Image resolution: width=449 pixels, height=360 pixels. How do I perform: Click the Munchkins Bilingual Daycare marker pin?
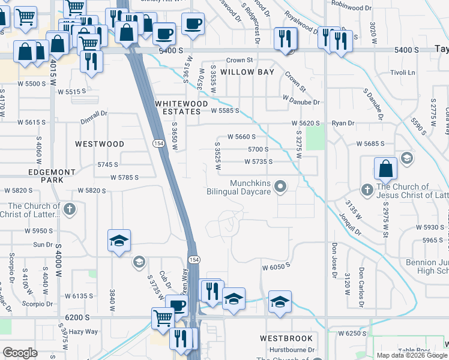click(x=280, y=188)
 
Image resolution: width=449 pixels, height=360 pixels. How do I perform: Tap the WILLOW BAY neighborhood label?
click(x=247, y=72)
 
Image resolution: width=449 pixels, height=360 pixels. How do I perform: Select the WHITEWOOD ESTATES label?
click(x=178, y=107)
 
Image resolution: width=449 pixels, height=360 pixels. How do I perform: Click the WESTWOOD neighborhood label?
click(x=100, y=144)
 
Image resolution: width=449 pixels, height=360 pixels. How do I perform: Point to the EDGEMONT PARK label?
click(x=52, y=176)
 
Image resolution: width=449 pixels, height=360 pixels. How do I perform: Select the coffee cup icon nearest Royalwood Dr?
click(x=192, y=25)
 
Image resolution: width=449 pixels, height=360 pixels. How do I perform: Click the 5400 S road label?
click(x=170, y=52)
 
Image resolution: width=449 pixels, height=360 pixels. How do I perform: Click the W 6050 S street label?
click(x=276, y=266)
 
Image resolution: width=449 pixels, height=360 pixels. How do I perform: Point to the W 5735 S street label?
click(x=258, y=161)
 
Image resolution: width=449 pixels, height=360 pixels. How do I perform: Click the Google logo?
click(x=20, y=353)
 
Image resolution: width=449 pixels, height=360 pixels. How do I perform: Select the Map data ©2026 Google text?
click(x=411, y=355)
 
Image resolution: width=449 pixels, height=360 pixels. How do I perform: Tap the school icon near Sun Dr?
click(x=119, y=241)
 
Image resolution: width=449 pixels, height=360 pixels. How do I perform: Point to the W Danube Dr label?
click(x=301, y=102)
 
